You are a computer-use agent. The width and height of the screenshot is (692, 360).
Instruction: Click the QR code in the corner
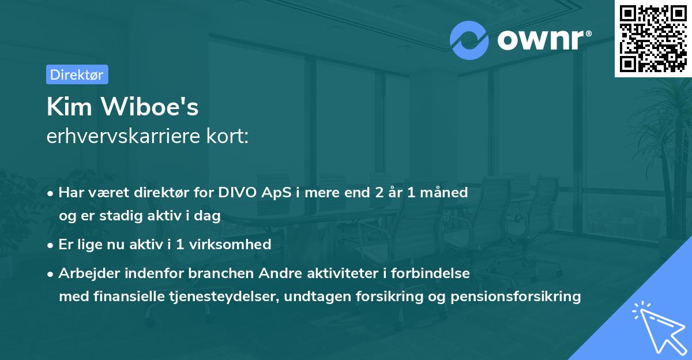(652, 39)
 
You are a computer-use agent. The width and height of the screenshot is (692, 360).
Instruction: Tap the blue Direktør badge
(77, 74)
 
